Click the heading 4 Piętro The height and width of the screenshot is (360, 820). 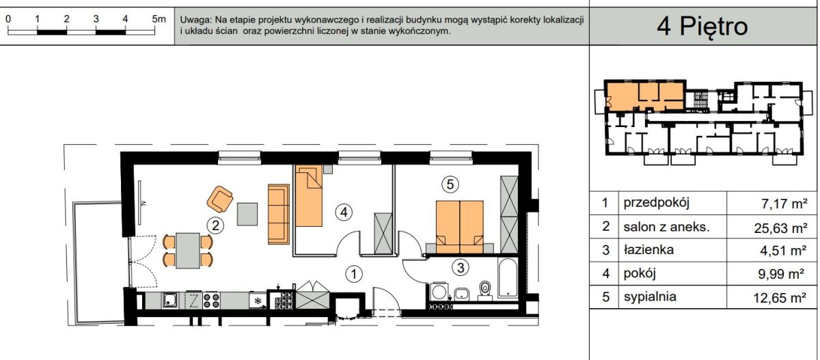702,26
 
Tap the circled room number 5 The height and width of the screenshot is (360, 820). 449,183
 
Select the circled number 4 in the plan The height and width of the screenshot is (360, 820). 344,212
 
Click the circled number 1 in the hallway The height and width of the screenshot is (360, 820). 353,274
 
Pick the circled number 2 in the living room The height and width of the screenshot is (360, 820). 215,224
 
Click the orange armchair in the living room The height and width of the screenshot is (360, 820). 220,199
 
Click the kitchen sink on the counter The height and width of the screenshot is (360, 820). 169,299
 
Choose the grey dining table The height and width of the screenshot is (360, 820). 188,249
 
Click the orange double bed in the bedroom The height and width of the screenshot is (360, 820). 459,223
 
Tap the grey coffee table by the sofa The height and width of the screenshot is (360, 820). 248,214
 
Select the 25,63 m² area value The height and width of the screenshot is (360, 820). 779,228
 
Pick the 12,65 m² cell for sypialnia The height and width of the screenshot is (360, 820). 779,298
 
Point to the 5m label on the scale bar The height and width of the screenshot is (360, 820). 159,19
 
